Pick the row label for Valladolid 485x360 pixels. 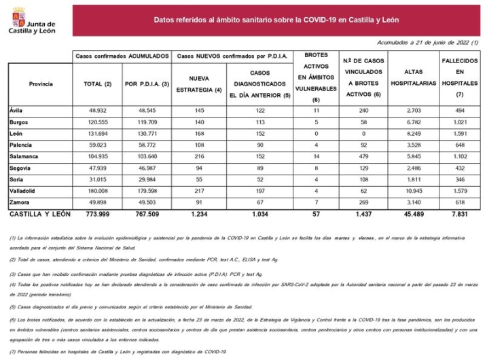[26, 192]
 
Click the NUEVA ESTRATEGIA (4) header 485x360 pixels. [200, 84]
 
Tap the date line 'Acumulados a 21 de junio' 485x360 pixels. [428, 42]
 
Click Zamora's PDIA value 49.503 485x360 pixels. [148, 202]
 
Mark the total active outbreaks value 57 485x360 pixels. [314, 214]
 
